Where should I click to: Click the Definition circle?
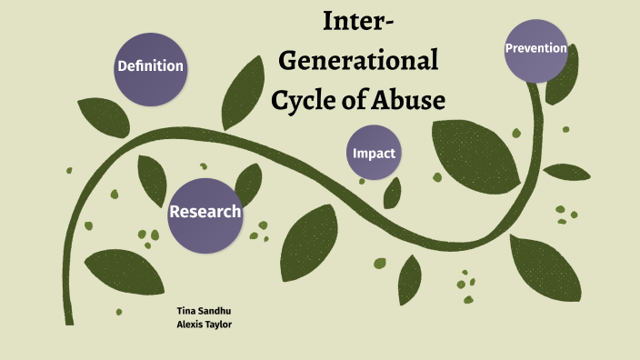pos(150,66)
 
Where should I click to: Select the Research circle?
pos(205,213)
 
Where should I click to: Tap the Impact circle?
pos(375,153)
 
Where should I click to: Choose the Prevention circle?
pos(536,49)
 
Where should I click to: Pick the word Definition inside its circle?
pos(150,66)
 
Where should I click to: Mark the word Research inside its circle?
pos(205,213)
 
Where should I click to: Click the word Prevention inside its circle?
pos(536,48)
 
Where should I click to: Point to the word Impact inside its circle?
pos(375,153)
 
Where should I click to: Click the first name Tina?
pos(185,310)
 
